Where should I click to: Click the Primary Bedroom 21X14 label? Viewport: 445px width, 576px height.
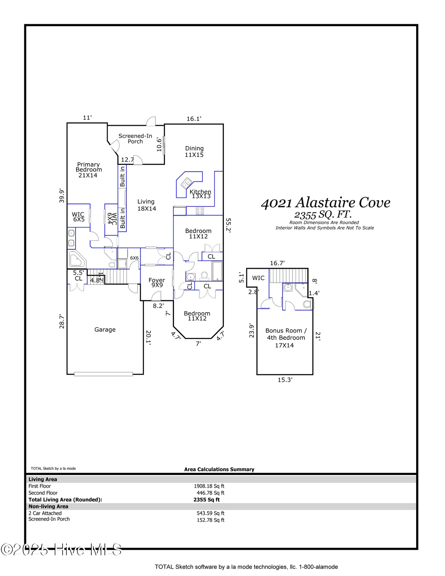88,170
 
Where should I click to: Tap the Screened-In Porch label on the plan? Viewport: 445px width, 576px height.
135,139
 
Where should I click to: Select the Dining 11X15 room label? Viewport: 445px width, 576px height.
194,151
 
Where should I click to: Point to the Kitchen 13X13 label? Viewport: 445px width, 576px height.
200,194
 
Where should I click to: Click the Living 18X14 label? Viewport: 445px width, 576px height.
146,205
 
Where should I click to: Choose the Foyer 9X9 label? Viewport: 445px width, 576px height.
157,283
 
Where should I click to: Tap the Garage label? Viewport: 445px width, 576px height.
105,329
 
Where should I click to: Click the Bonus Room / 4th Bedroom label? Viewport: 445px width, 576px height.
286,338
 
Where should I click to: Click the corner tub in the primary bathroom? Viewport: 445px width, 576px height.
77,260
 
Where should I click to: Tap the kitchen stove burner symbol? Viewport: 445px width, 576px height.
200,211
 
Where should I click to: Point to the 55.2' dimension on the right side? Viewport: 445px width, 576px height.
228,225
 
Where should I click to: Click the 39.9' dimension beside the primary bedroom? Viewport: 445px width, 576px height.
62,195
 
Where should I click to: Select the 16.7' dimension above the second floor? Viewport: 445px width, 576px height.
277,263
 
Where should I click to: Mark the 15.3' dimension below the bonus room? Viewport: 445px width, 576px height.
285,380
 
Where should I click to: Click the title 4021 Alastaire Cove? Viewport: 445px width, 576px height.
326,203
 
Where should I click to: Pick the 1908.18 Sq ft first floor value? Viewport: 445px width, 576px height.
209,486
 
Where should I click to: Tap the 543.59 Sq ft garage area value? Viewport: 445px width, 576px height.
210,513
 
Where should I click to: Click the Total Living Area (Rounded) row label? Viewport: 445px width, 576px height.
65,500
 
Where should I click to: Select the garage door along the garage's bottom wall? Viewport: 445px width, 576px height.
103,374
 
